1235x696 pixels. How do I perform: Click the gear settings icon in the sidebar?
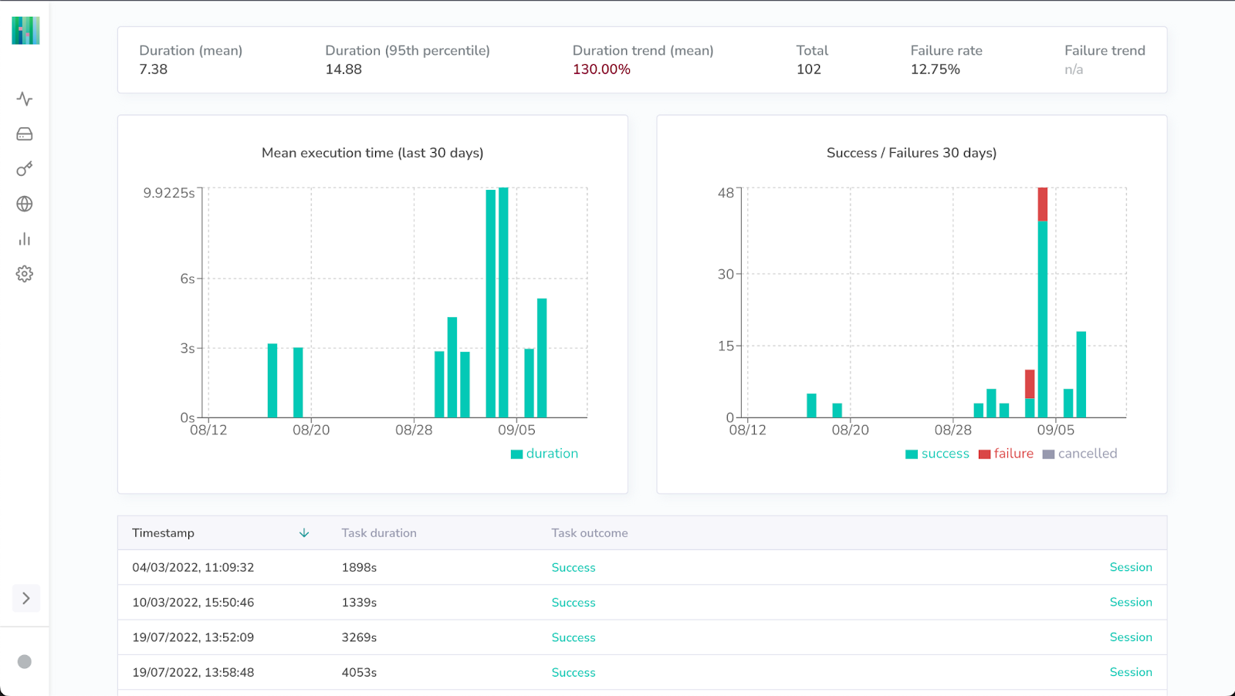click(25, 274)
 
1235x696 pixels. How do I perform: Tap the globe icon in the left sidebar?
click(25, 204)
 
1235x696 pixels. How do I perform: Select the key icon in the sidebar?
click(25, 169)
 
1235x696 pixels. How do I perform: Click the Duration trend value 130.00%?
click(601, 69)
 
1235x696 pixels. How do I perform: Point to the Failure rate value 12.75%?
click(935, 69)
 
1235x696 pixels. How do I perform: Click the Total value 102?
click(808, 69)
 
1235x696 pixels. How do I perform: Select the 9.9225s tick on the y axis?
click(169, 193)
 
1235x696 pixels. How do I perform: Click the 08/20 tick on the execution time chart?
click(311, 430)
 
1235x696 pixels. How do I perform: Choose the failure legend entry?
click(1006, 454)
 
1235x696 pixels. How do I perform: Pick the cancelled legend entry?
click(1080, 454)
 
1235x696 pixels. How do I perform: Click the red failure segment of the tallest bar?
click(1043, 204)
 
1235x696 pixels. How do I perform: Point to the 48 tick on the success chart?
click(726, 193)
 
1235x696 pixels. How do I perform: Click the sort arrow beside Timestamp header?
click(304, 533)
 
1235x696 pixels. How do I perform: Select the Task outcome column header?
click(590, 533)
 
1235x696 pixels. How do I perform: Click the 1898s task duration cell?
click(359, 567)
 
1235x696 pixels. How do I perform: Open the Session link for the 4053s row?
click(1131, 672)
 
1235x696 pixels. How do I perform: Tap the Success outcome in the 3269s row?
click(574, 637)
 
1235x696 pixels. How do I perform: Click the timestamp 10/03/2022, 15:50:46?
click(193, 603)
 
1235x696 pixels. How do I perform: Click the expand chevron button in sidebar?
click(25, 598)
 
